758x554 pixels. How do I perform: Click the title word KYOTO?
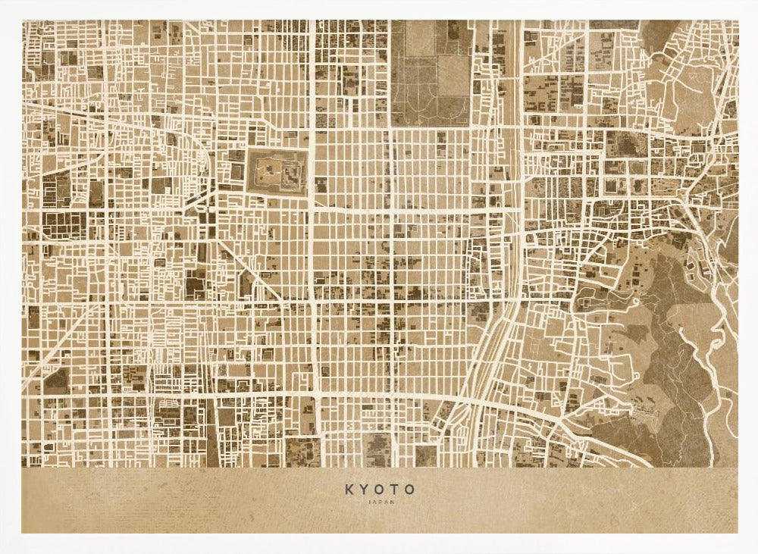380,490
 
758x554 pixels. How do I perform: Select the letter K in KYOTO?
349,490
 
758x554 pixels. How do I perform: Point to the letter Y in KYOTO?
365,490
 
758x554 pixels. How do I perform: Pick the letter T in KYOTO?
395,490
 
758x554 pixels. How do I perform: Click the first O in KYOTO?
380,490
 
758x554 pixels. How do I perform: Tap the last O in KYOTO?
410,490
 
